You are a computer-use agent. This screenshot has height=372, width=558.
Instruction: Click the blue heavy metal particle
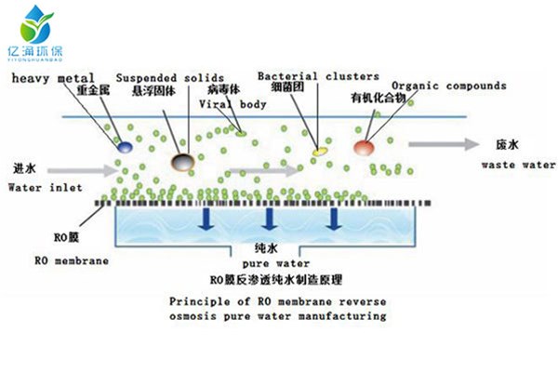pyautogui.click(x=124, y=145)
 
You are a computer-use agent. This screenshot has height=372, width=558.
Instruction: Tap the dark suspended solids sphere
pyautogui.click(x=183, y=163)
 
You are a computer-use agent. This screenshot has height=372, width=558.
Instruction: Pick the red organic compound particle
pyautogui.click(x=364, y=147)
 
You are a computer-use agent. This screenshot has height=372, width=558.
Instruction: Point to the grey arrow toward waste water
pyautogui.click(x=437, y=145)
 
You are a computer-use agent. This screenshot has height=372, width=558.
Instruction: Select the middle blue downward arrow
pyautogui.click(x=270, y=219)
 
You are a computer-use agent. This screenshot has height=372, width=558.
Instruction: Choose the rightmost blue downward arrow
pyautogui.click(x=332, y=219)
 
